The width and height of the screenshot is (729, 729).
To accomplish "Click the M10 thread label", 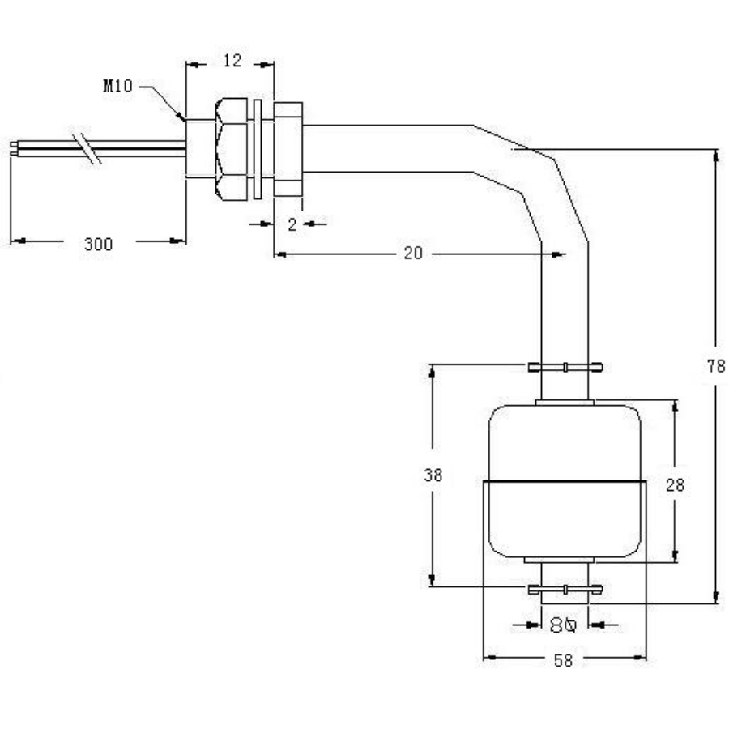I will tap(117, 86).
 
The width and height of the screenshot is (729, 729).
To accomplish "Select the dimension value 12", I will tap(232, 61).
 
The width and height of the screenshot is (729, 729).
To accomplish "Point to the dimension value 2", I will tap(292, 224).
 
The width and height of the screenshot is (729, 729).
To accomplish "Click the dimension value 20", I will tap(413, 254).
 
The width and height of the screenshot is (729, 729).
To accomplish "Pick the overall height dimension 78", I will tap(715, 365).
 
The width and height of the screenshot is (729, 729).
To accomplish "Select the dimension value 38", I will tap(433, 475).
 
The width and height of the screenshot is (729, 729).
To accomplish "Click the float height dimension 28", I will tap(675, 484).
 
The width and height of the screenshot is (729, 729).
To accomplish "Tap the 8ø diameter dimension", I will tap(562, 625).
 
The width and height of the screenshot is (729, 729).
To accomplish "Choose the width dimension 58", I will tap(563, 661).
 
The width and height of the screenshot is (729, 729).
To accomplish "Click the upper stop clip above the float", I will tap(565, 367).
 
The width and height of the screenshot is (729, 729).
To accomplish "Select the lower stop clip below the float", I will tap(565, 589).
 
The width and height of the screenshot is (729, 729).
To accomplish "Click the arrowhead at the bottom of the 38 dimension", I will tap(433, 580).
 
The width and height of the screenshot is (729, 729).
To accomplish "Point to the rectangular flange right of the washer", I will tap(288, 149).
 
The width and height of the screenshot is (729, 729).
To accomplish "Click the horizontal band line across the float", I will tap(565, 483).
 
